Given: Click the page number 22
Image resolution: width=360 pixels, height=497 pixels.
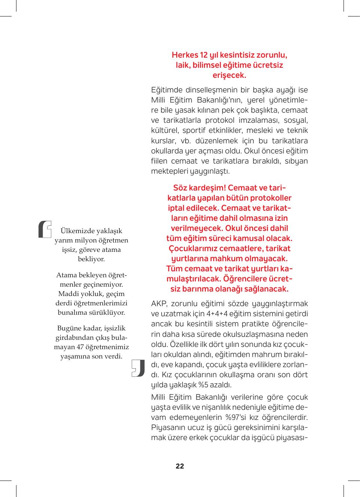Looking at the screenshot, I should coord(180,466).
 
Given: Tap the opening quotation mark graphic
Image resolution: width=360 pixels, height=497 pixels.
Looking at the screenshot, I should coord(45,229).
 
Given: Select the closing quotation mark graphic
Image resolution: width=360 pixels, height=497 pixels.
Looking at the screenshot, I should coord(138,368).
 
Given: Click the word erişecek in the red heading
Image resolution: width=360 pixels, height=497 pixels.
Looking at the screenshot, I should coord(229,75).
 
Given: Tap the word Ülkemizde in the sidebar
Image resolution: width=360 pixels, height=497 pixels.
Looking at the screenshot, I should coord(78,231).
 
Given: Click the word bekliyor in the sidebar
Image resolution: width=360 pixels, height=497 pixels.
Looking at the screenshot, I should coord(91,259).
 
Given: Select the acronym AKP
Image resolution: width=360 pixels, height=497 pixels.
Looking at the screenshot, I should coord(159,304).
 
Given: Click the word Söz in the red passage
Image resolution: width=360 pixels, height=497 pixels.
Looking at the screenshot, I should coord(180,188).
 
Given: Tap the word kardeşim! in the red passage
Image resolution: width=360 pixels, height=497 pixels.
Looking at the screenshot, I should coord(207,188).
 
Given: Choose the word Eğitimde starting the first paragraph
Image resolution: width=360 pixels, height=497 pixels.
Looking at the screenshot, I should coord(167,90).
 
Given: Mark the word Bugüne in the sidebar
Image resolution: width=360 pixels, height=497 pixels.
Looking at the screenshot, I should coord(69,328).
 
